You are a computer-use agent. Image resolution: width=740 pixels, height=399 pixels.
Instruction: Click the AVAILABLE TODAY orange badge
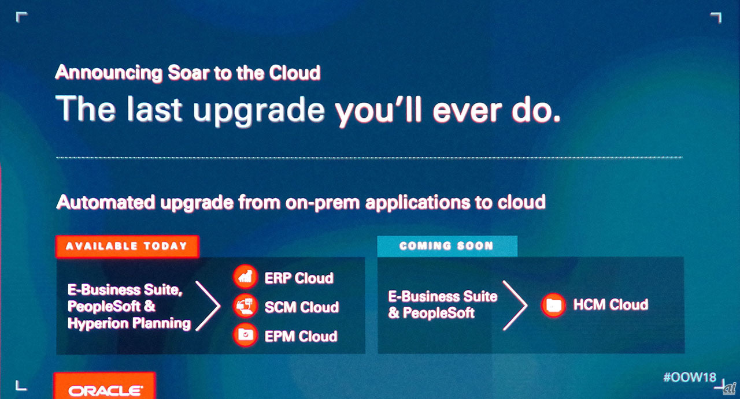pos(127,246)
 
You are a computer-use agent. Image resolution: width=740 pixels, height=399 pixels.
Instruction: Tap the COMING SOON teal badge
pos(447,246)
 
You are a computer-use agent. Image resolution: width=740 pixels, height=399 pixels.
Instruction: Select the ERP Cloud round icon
pos(245,277)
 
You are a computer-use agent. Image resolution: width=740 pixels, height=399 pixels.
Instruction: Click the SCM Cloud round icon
pos(245,306)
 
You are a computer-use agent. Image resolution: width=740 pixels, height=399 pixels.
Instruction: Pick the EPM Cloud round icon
pos(245,335)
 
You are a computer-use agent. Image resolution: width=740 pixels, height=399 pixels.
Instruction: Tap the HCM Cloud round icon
pos(553,305)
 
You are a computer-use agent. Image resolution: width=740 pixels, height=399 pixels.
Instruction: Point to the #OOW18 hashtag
pos(690,377)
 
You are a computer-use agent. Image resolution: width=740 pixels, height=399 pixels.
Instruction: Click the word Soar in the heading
pos(188,73)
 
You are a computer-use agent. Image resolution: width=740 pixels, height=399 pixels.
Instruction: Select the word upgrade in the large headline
pos(258,110)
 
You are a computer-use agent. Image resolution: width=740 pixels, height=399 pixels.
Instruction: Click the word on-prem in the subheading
pos(323,203)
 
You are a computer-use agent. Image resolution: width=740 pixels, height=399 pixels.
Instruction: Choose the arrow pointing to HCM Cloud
pos(515,305)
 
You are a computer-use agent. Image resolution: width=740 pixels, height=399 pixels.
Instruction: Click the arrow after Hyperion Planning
pos(208,306)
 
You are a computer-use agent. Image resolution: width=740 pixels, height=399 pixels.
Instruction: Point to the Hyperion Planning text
pos(129,324)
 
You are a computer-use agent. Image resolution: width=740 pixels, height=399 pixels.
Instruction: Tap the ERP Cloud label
pos(299,278)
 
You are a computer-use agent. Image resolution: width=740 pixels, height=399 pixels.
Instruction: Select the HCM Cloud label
pos(610,305)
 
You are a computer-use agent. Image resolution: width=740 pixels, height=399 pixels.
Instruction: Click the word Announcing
pos(109,73)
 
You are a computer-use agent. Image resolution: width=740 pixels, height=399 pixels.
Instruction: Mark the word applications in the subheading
pos(417,203)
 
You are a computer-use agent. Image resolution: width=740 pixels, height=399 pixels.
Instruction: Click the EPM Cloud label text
pos(301,336)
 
